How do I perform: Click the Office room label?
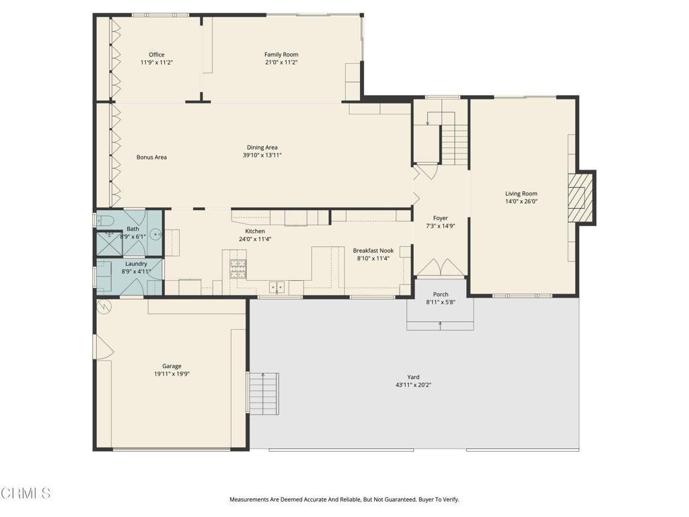[156, 55]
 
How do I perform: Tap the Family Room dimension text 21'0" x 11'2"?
[281, 63]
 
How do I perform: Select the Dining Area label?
[262, 147]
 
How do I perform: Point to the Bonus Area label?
[151, 157]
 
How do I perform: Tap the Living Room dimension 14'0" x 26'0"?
[521, 201]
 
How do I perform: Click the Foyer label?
[440, 218]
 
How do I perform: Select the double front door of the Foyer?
[440, 268]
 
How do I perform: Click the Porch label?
[440, 294]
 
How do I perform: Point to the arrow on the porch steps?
[440, 325]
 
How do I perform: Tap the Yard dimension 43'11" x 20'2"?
[413, 385]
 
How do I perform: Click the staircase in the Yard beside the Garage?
[263, 393]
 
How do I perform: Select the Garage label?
[172, 366]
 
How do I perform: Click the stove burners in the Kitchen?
[238, 269]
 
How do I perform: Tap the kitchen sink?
[277, 287]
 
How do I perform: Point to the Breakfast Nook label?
[373, 250]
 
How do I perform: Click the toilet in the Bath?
[104, 220]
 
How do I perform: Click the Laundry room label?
[136, 264]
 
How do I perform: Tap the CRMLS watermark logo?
[26, 493]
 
